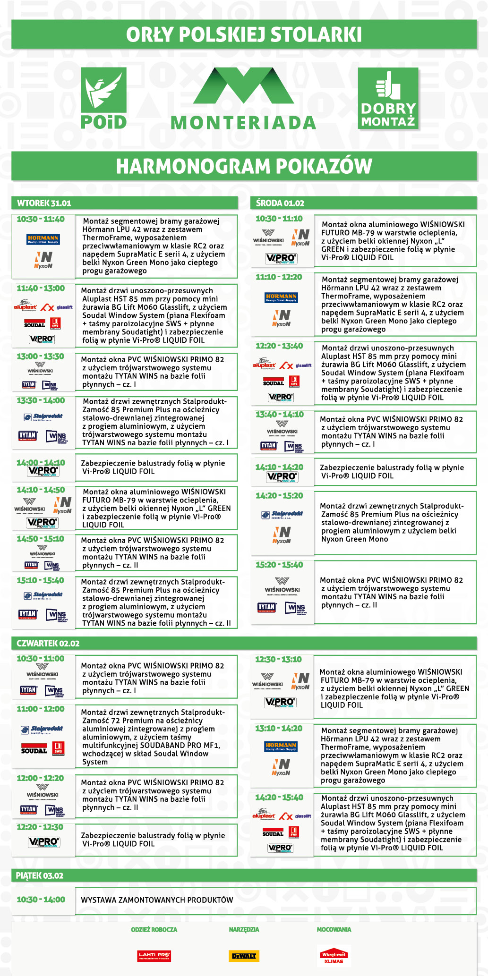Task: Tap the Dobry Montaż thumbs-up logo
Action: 388,98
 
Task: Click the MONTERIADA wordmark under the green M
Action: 243,123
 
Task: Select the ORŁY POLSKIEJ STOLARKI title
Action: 244,34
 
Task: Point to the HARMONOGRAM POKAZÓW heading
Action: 244,166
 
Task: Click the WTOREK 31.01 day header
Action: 44,203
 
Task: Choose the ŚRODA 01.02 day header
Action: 280,203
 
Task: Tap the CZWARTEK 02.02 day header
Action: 48,643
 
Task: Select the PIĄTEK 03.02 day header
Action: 40,875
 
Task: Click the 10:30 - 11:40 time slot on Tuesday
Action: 41,219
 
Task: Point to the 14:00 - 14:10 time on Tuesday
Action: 41,462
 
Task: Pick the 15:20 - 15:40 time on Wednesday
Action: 280,565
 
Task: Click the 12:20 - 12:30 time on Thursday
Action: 40,827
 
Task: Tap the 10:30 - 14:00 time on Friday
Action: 41,900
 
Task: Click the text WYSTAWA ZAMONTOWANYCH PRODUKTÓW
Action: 157,900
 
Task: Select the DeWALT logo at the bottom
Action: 244,956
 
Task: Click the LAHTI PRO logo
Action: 154,956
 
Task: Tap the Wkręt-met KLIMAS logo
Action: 334,956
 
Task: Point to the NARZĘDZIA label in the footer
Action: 244,929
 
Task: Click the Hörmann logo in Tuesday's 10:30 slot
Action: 43,239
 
